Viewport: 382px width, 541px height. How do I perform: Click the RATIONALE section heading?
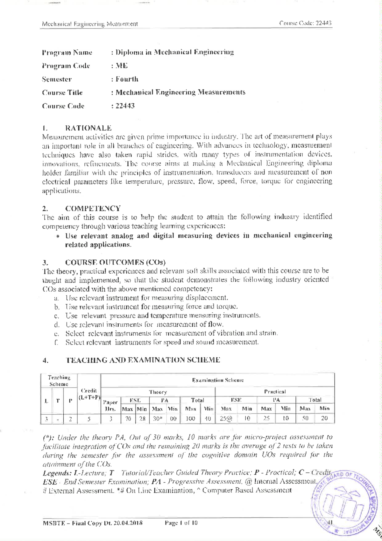[88, 128]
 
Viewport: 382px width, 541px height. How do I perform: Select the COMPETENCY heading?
[93, 209]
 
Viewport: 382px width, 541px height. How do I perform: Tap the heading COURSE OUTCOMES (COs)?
[115, 263]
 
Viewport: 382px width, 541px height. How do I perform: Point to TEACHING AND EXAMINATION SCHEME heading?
[142, 360]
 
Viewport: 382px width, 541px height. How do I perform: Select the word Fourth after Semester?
[127, 79]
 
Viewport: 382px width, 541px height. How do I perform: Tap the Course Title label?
[62, 93]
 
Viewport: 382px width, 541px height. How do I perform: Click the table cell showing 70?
[128, 419]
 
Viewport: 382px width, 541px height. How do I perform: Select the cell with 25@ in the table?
[226, 419]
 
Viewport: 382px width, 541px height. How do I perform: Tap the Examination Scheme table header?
[218, 380]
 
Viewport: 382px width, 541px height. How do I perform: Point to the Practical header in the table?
[275, 392]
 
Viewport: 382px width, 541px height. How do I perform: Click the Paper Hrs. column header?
[110, 405]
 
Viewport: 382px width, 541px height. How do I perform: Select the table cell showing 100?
[190, 419]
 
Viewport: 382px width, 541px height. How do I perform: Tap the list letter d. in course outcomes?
[57, 325]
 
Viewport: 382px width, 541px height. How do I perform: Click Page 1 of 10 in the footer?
[181, 523]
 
